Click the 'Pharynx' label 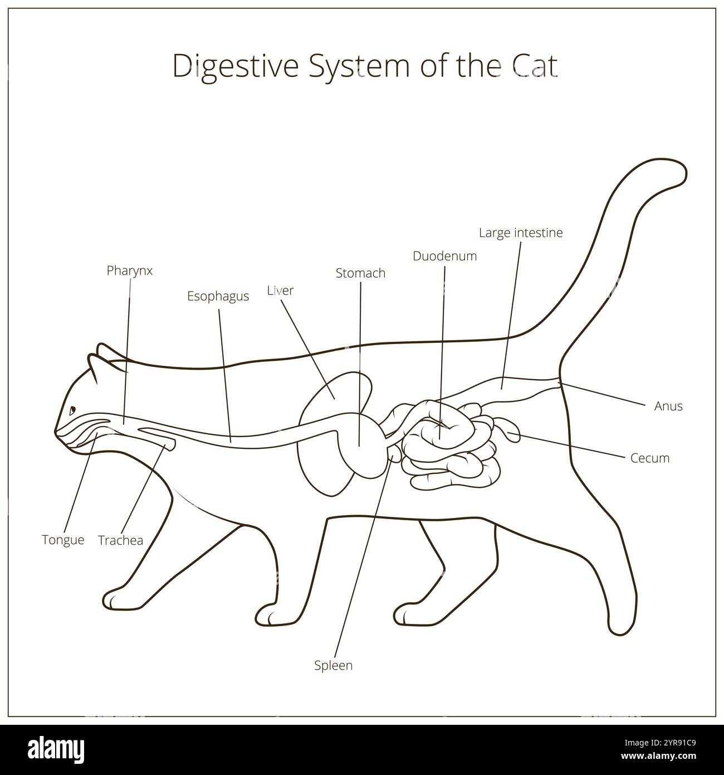point(129,270)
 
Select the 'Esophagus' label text point(218,296)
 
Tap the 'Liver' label point(280,290)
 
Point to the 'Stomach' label point(360,273)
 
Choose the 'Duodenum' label point(444,256)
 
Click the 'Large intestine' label point(521,232)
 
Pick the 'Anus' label point(668,406)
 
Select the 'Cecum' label point(650,458)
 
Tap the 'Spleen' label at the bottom point(333,665)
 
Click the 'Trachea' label point(120,540)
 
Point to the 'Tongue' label point(63,540)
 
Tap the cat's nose point(56,430)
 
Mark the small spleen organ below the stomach point(395,456)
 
